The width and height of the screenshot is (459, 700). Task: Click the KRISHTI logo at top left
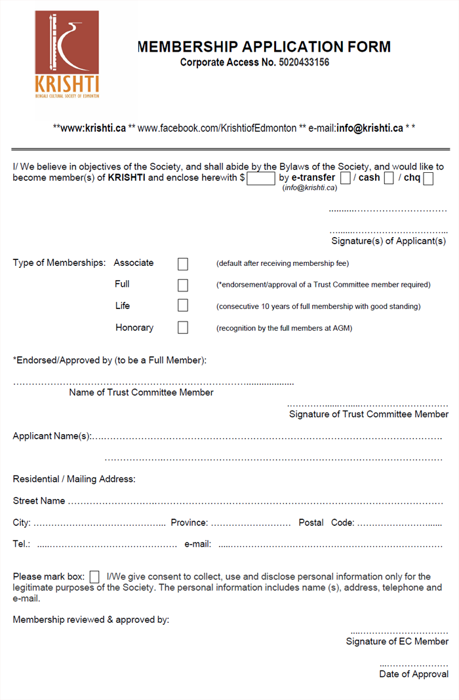[x=67, y=55]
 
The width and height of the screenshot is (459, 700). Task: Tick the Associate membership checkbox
[x=183, y=264]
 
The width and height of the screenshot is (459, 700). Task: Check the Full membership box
[x=183, y=285]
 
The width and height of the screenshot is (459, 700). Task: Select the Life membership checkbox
[x=183, y=306]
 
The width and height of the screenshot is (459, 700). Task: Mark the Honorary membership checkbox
[x=183, y=327]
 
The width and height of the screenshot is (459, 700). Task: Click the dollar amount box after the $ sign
[x=261, y=178]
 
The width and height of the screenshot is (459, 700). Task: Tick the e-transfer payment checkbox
[x=346, y=178]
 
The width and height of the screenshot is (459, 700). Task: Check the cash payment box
[x=389, y=178]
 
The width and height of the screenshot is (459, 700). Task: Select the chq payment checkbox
[x=428, y=178]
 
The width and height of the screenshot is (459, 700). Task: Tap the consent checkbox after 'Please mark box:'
[x=94, y=577]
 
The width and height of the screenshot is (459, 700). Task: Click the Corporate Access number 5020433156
[x=304, y=63]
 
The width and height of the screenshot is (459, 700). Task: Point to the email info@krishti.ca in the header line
[x=370, y=128]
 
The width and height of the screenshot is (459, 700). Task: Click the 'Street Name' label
[x=39, y=501]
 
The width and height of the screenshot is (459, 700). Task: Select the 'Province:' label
[x=190, y=523]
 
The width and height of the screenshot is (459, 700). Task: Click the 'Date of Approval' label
[x=414, y=674]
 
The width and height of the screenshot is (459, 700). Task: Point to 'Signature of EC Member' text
[x=397, y=642]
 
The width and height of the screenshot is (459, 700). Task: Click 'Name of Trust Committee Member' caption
[x=141, y=393]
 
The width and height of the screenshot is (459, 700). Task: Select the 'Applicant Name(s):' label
[x=52, y=436]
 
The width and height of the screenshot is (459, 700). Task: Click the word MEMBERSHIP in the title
[x=187, y=46]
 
